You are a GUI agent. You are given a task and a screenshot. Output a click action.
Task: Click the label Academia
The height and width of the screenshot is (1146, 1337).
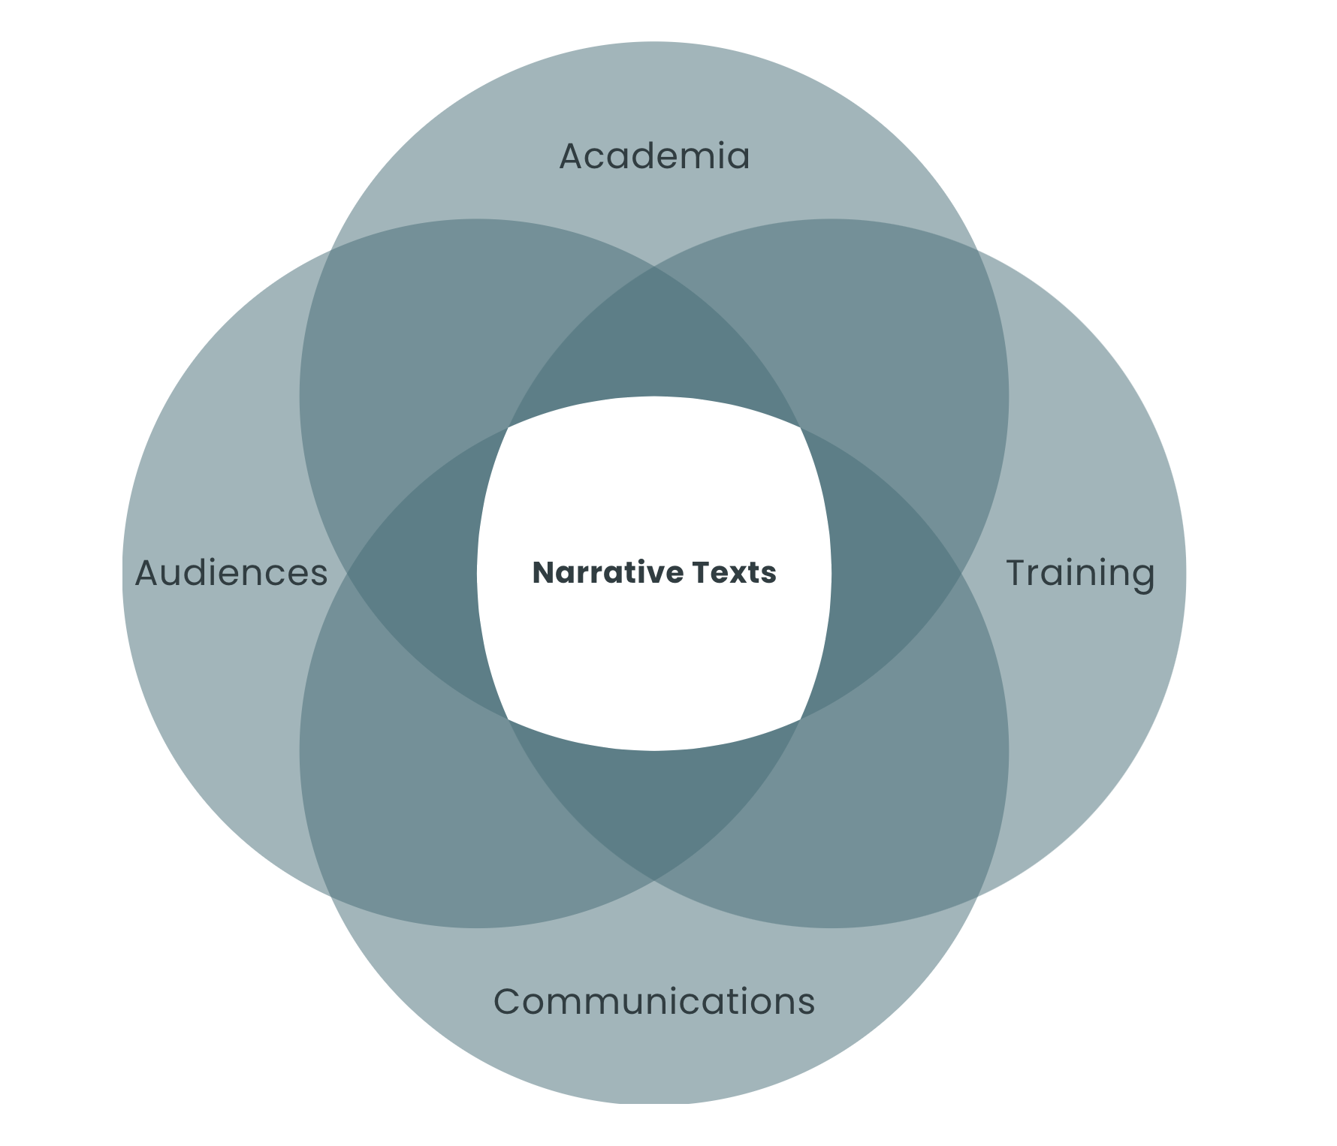(654, 156)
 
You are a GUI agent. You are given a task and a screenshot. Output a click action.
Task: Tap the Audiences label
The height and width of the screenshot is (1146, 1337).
(231, 573)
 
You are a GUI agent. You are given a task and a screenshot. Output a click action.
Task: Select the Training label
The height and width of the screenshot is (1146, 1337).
(1079, 573)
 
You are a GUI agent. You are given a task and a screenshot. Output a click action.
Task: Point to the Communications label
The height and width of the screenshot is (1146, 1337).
(653, 1001)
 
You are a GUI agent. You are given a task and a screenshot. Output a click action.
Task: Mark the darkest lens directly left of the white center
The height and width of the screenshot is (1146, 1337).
(421, 573)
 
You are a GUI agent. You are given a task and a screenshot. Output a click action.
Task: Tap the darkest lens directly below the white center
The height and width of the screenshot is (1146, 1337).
(654, 807)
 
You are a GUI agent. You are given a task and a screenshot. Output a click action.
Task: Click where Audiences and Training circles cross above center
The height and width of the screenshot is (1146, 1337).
(654, 267)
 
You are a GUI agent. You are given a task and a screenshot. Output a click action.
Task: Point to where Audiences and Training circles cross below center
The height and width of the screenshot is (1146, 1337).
(654, 879)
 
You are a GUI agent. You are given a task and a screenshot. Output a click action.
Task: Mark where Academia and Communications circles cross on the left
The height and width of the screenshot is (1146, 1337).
(347, 573)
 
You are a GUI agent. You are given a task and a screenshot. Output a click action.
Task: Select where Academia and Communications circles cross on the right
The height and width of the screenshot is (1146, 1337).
(961, 573)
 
